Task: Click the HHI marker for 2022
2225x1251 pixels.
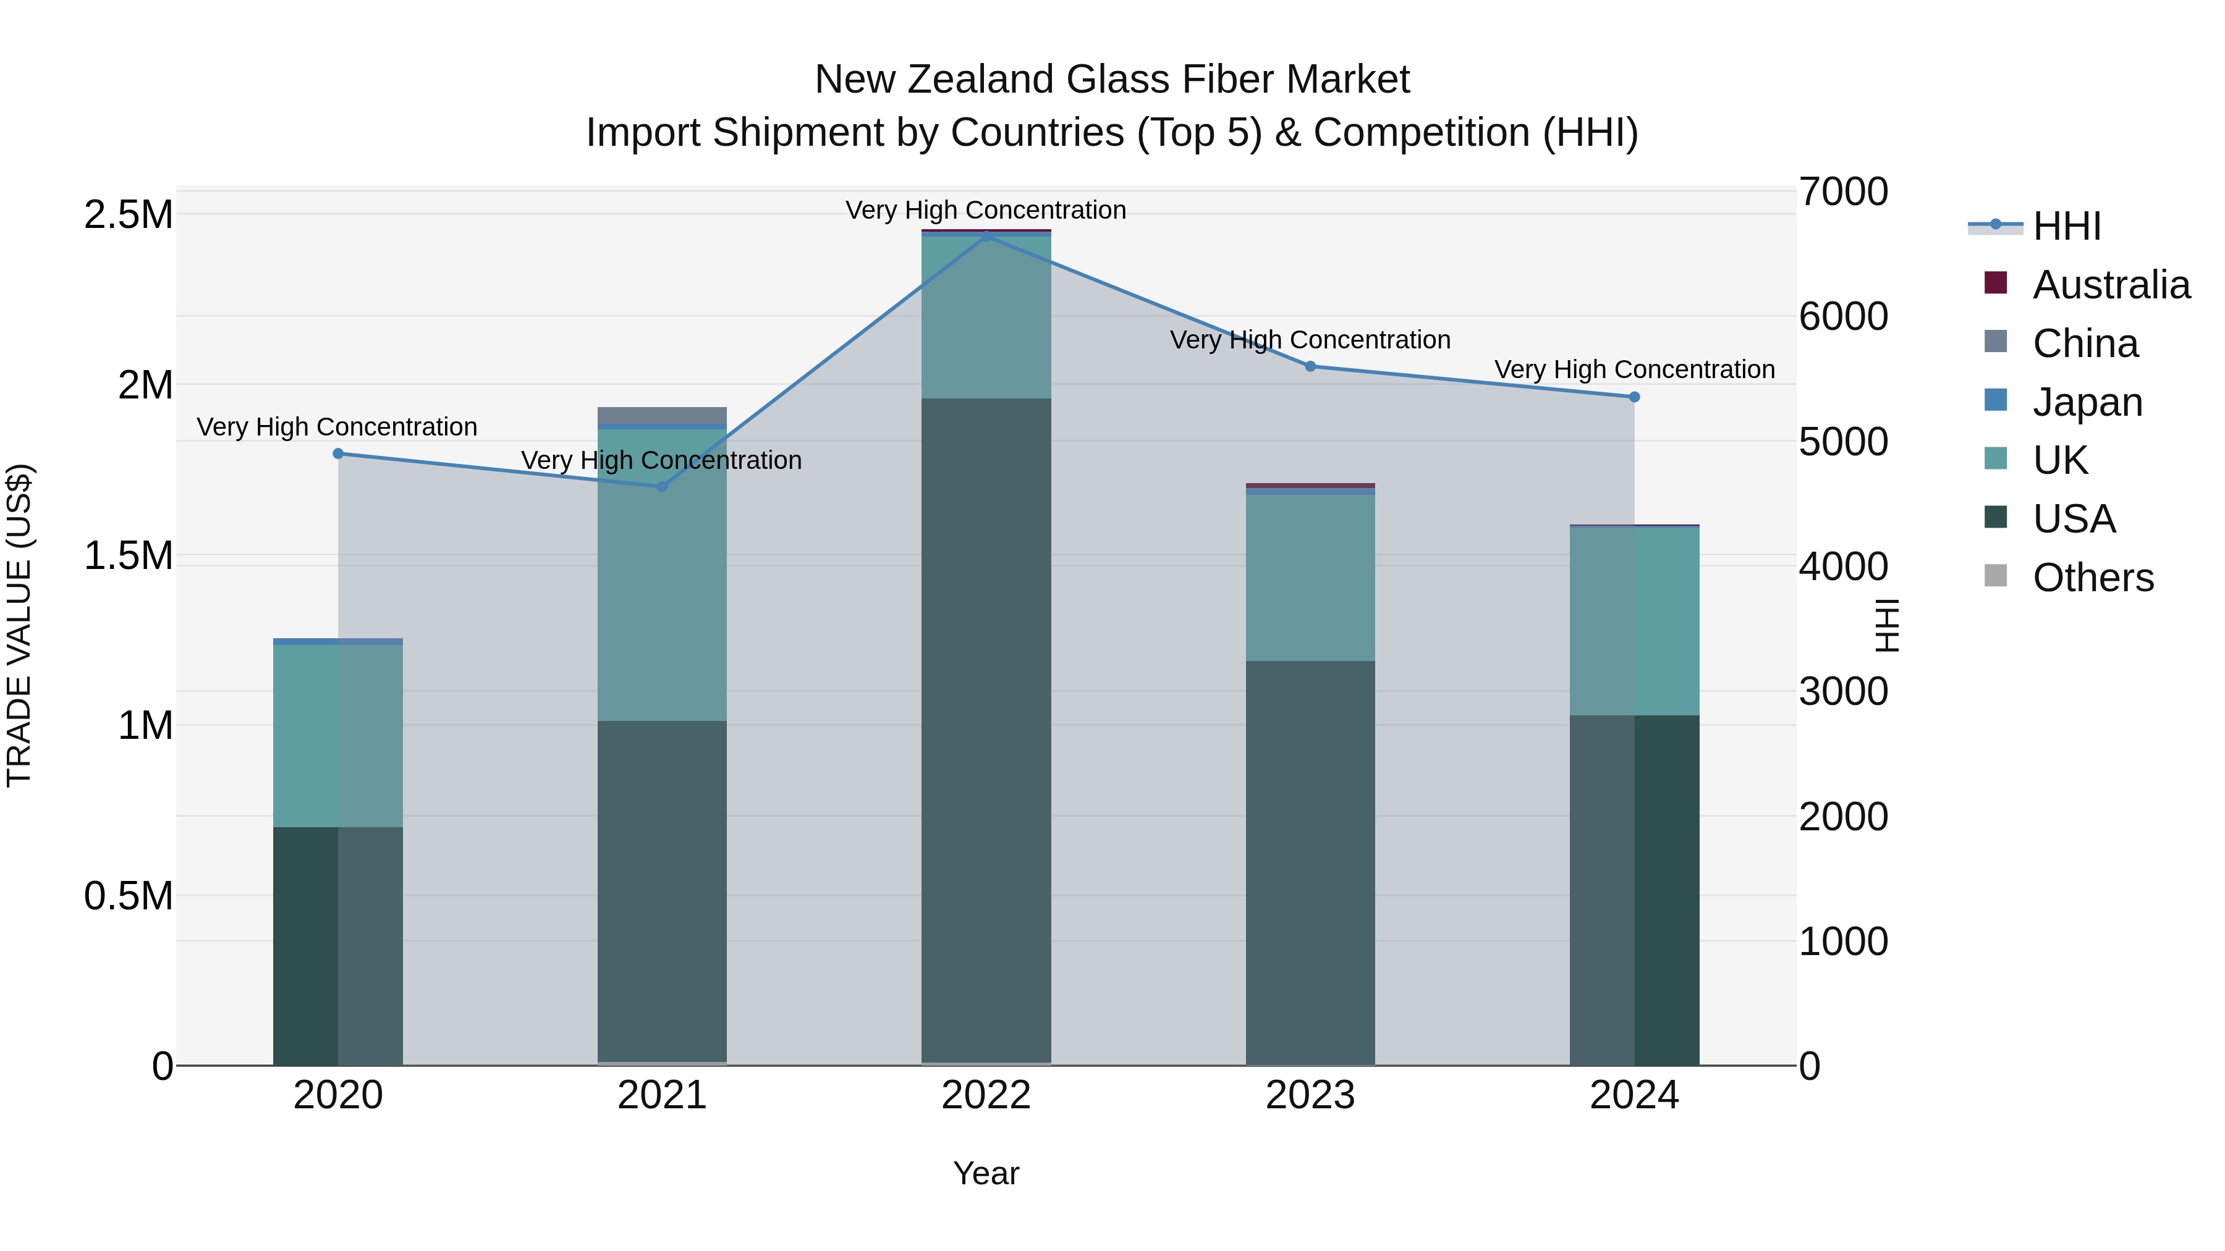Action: click(x=986, y=236)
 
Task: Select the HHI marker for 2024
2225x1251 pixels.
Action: click(x=1634, y=397)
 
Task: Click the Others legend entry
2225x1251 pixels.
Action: click(x=2092, y=578)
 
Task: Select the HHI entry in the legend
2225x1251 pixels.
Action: click(x=2066, y=226)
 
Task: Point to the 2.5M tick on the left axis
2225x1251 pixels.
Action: click(x=129, y=214)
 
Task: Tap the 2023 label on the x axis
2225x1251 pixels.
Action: click(x=1310, y=1095)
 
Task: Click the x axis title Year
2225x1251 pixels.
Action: click(x=986, y=1173)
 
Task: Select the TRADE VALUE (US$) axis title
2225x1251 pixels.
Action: click(x=19, y=625)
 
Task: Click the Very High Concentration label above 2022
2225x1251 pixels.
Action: click(x=986, y=210)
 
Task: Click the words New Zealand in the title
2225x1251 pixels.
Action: click(x=936, y=80)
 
